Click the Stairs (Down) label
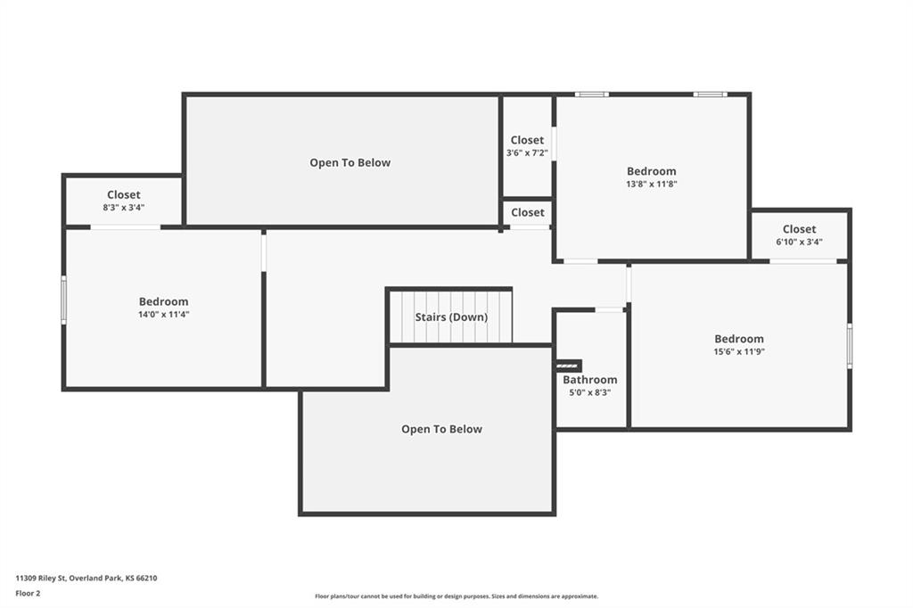(x=451, y=317)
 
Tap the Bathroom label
(x=590, y=380)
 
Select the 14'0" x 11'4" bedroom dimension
(x=164, y=315)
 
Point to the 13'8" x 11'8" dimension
(x=652, y=184)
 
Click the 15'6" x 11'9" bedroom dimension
(x=739, y=352)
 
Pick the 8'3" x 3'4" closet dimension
(x=123, y=208)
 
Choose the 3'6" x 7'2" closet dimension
(x=527, y=153)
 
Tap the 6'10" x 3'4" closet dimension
(x=799, y=242)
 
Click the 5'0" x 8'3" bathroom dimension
(x=590, y=392)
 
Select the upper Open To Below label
(x=350, y=163)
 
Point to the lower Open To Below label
(x=441, y=430)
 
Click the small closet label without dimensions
(x=528, y=212)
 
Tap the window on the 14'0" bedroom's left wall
(x=64, y=300)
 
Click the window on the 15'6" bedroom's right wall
(x=850, y=346)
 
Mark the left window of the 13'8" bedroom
(x=592, y=94)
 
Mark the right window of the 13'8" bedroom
(x=710, y=94)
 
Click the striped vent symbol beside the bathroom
(x=568, y=366)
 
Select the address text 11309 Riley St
(x=41, y=579)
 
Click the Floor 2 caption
(x=28, y=594)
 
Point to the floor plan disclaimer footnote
(x=456, y=596)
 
